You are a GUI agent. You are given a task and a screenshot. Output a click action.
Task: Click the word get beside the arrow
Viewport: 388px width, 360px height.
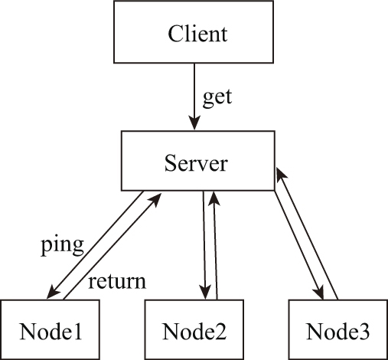pyautogui.click(x=217, y=98)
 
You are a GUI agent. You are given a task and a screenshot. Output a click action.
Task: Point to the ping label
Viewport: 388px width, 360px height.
pyautogui.click(x=63, y=246)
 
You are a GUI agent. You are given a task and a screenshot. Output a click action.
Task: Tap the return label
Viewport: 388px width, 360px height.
pyautogui.click(x=117, y=282)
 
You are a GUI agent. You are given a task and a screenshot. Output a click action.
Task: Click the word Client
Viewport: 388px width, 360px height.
pyautogui.click(x=197, y=34)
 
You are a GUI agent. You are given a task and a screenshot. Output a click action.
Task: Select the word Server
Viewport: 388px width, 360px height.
pyautogui.click(x=196, y=163)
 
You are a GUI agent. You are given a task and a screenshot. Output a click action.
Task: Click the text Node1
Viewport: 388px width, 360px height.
pyautogui.click(x=51, y=331)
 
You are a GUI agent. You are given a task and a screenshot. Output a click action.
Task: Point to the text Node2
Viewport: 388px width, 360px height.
pyautogui.click(x=194, y=331)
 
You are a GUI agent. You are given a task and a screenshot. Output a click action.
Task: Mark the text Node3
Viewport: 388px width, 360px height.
pyautogui.click(x=337, y=331)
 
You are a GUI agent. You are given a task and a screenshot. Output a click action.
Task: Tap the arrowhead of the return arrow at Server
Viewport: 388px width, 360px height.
pyautogui.click(x=155, y=200)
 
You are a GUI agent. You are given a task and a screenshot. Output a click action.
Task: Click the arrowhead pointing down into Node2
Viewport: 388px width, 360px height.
pyautogui.click(x=205, y=292)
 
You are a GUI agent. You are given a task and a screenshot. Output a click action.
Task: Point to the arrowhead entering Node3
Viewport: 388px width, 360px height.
pyautogui.click(x=319, y=293)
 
